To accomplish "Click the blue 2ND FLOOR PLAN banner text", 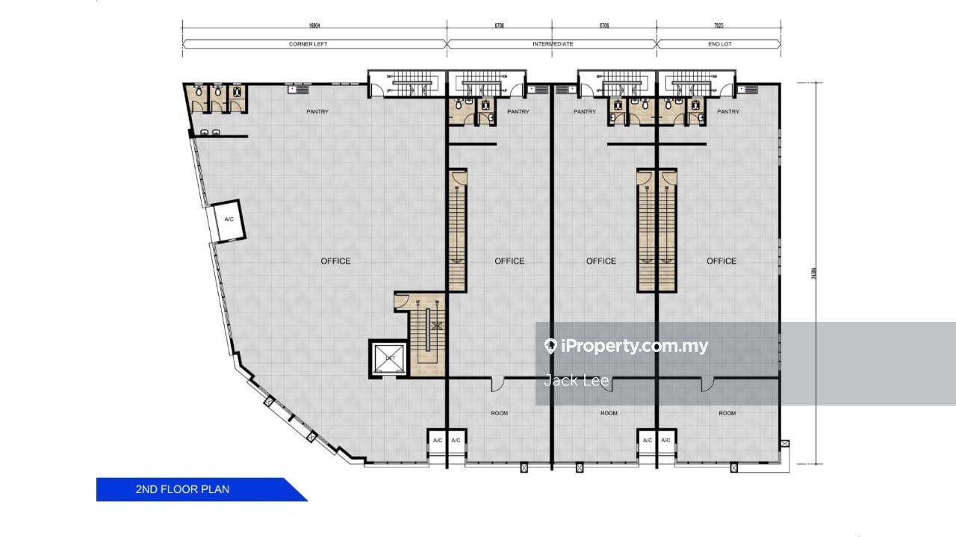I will (x=182, y=489).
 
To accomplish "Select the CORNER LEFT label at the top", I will (x=308, y=44).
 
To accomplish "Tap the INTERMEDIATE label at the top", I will (x=553, y=44).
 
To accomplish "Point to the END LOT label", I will (x=720, y=44).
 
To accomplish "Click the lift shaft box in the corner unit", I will (x=389, y=358).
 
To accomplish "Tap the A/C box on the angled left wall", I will (x=229, y=220).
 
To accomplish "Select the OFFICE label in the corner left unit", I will (x=335, y=261).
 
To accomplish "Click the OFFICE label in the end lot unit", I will (x=721, y=261).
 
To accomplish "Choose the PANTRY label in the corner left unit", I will (x=317, y=112).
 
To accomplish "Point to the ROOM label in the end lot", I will (x=727, y=413).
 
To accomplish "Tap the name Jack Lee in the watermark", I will (x=576, y=381).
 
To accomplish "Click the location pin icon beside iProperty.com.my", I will (x=550, y=346).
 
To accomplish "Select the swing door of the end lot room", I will (x=707, y=384).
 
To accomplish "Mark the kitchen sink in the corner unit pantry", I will (x=292, y=89).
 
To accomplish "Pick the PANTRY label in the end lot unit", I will (x=727, y=112).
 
